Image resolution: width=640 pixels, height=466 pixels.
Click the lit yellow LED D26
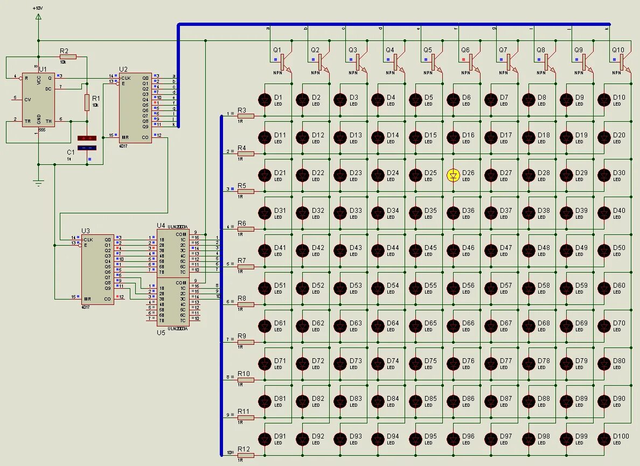[x=454, y=175]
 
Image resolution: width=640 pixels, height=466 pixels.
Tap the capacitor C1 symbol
[x=87, y=143]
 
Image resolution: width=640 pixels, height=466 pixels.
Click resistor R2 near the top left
[x=68, y=57]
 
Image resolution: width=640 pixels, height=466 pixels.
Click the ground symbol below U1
[x=38, y=182]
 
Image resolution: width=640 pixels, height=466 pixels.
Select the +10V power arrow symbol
[x=38, y=17]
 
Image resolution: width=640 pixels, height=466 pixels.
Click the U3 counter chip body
[x=98, y=269]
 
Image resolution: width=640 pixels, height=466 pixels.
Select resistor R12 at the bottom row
[x=246, y=455]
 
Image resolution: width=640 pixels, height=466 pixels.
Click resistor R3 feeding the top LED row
[x=246, y=116]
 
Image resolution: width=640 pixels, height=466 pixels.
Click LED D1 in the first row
[x=265, y=100]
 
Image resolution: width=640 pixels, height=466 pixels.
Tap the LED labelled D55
[x=416, y=288]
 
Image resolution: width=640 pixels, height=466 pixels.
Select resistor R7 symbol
[x=246, y=267]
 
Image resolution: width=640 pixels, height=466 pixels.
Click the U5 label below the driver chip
[x=161, y=332]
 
